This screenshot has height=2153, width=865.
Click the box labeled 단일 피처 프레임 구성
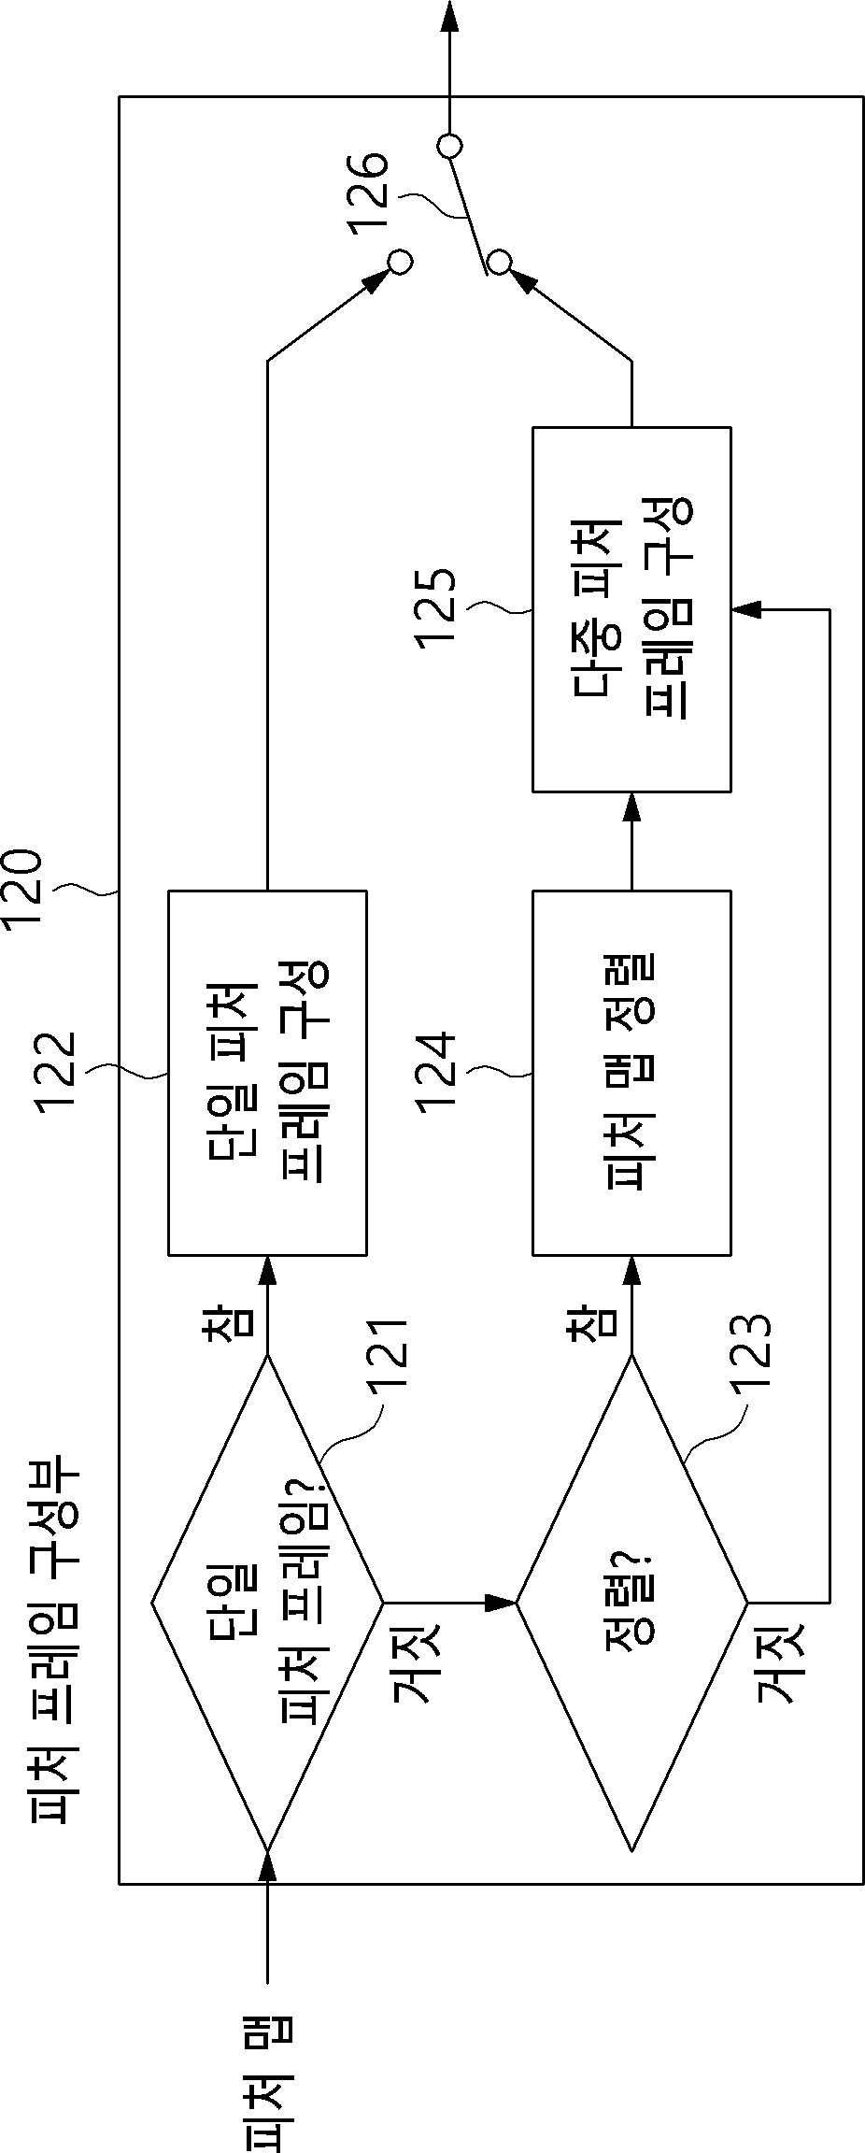[x=267, y=1072]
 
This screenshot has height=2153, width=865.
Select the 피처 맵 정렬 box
[x=631, y=1072]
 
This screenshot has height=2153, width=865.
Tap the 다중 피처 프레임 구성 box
[x=631, y=609]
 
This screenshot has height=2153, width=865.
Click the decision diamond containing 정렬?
[x=631, y=1602]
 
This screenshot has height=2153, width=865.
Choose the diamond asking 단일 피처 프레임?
[x=267, y=1602]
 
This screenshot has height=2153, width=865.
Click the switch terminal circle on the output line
[x=449, y=146]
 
